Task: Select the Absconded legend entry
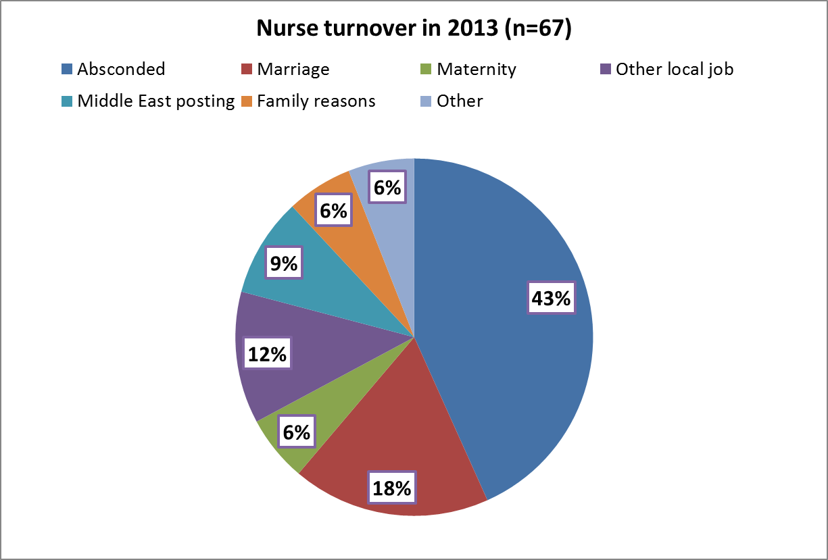pos(121,69)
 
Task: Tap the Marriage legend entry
pos(293,69)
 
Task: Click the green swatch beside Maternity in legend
pos(427,69)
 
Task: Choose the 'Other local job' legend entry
pos(674,69)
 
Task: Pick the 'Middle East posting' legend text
pos(155,101)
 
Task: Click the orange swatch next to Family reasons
pos(247,101)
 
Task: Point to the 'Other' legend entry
pos(460,101)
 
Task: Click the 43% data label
pos(552,298)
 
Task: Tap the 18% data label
pos(391,488)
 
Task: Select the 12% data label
pos(267,353)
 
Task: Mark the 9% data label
pos(284,263)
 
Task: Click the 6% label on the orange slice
pos(333,211)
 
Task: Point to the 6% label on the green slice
pos(296,432)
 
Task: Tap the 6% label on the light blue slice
pos(387,188)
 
